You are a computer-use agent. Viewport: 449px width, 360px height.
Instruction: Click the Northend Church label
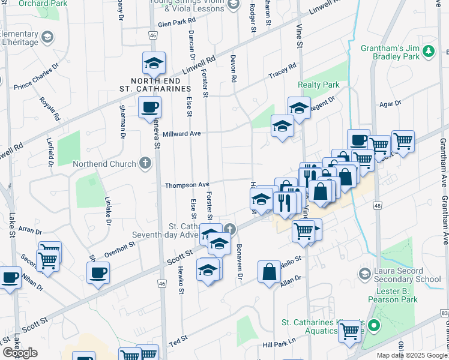(104, 164)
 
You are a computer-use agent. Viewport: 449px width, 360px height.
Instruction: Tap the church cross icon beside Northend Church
(144, 163)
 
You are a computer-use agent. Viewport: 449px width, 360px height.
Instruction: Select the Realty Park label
(319, 85)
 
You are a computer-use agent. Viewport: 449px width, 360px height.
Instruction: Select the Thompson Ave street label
(187, 185)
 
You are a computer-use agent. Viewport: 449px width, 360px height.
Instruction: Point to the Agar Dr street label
(390, 104)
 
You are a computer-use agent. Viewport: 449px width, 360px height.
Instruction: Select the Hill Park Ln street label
(279, 341)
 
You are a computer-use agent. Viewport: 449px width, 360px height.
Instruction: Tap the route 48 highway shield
(376, 206)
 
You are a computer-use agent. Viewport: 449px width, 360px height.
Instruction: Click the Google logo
(20, 353)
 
